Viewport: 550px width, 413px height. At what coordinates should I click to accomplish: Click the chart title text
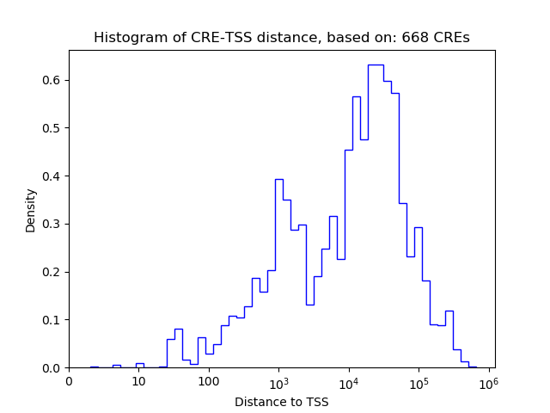pos(281,38)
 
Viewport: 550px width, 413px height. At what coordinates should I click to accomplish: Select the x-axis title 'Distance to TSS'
pos(281,402)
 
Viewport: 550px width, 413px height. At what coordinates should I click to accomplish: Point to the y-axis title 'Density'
pos(31,209)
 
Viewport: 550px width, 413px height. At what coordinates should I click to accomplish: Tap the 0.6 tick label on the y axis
pos(51,81)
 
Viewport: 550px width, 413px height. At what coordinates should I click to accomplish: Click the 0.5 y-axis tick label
pos(51,128)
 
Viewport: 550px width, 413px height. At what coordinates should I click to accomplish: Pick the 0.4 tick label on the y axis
pos(51,176)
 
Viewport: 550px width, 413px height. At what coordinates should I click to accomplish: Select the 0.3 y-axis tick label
pos(51,225)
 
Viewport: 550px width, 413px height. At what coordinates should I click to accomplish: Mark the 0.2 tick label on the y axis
pos(51,272)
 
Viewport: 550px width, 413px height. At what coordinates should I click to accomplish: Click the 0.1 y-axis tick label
pos(51,320)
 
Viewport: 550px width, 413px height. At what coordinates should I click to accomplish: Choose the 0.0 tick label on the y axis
pos(51,368)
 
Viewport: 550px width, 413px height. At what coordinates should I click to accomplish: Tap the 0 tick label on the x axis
pos(69,381)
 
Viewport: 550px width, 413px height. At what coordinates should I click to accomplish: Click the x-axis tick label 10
pos(138,381)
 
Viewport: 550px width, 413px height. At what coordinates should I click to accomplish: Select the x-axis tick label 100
pos(209,381)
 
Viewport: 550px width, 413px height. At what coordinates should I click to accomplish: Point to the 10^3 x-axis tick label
pos(278,380)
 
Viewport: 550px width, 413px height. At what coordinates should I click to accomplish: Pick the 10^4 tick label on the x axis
pos(349,380)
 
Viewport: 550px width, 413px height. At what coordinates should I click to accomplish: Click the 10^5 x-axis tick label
pos(419,380)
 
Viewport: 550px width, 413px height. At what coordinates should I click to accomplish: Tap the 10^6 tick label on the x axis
pos(489,380)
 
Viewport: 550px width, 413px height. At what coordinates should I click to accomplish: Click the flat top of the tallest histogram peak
pos(376,65)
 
